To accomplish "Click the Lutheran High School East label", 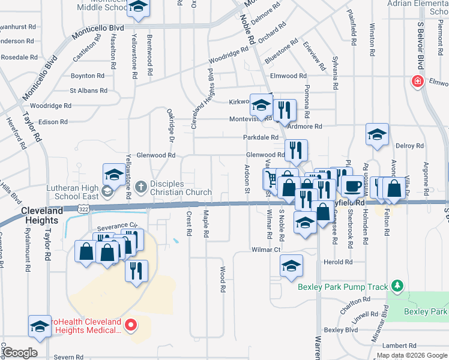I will point(73,192).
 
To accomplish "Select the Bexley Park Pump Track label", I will point(343,287).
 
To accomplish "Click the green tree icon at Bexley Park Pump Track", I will point(396,284).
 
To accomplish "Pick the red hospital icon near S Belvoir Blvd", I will point(415,82).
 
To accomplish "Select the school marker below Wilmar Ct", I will point(291,265).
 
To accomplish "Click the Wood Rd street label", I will point(223,279).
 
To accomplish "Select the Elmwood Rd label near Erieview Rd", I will point(288,76).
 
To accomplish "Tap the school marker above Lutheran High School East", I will point(113,175).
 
